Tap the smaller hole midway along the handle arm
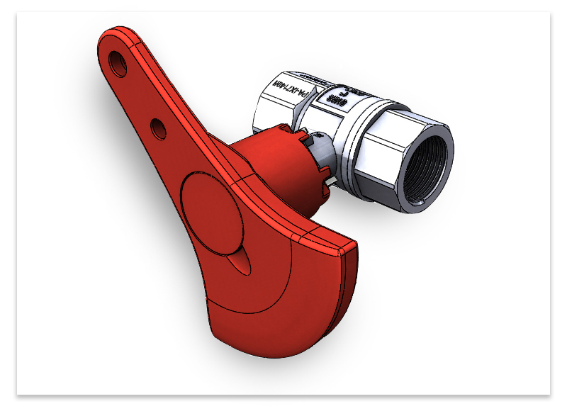click(159, 128)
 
